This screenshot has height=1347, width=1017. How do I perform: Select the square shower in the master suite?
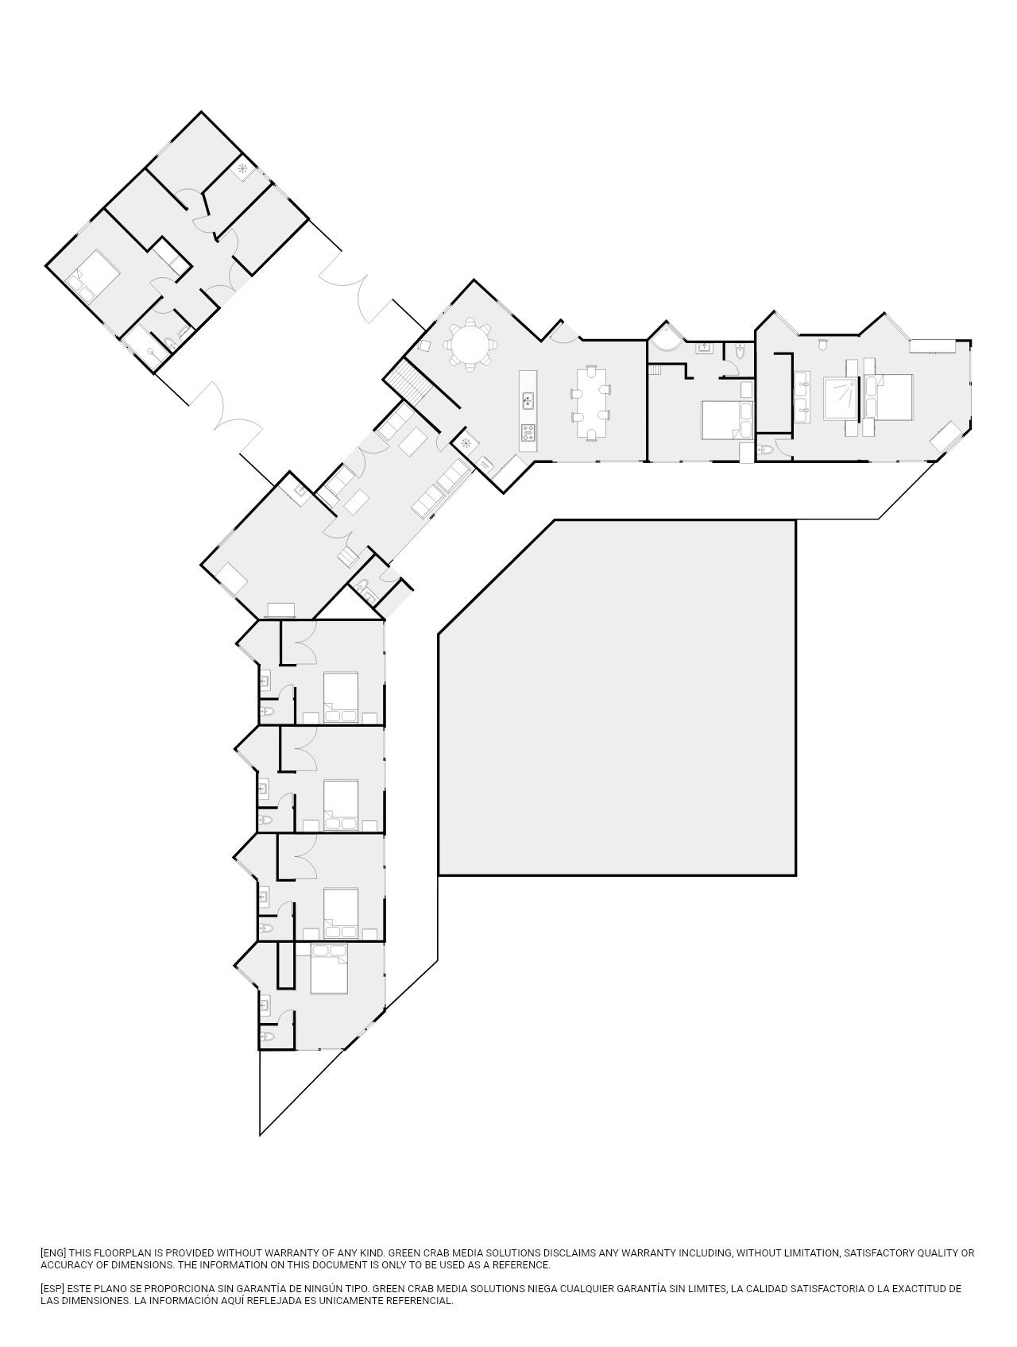(x=842, y=398)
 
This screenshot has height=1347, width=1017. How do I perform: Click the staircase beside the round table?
(x=408, y=379)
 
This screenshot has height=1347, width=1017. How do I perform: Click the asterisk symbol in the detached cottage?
(x=243, y=168)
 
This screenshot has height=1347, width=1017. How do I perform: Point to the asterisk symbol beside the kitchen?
(x=466, y=442)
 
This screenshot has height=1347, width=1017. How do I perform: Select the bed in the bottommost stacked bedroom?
(x=329, y=969)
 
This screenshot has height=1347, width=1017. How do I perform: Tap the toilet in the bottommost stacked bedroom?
(x=267, y=1036)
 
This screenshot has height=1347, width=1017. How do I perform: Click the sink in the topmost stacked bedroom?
(x=265, y=680)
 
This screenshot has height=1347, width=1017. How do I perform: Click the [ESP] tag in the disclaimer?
(x=54, y=1289)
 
